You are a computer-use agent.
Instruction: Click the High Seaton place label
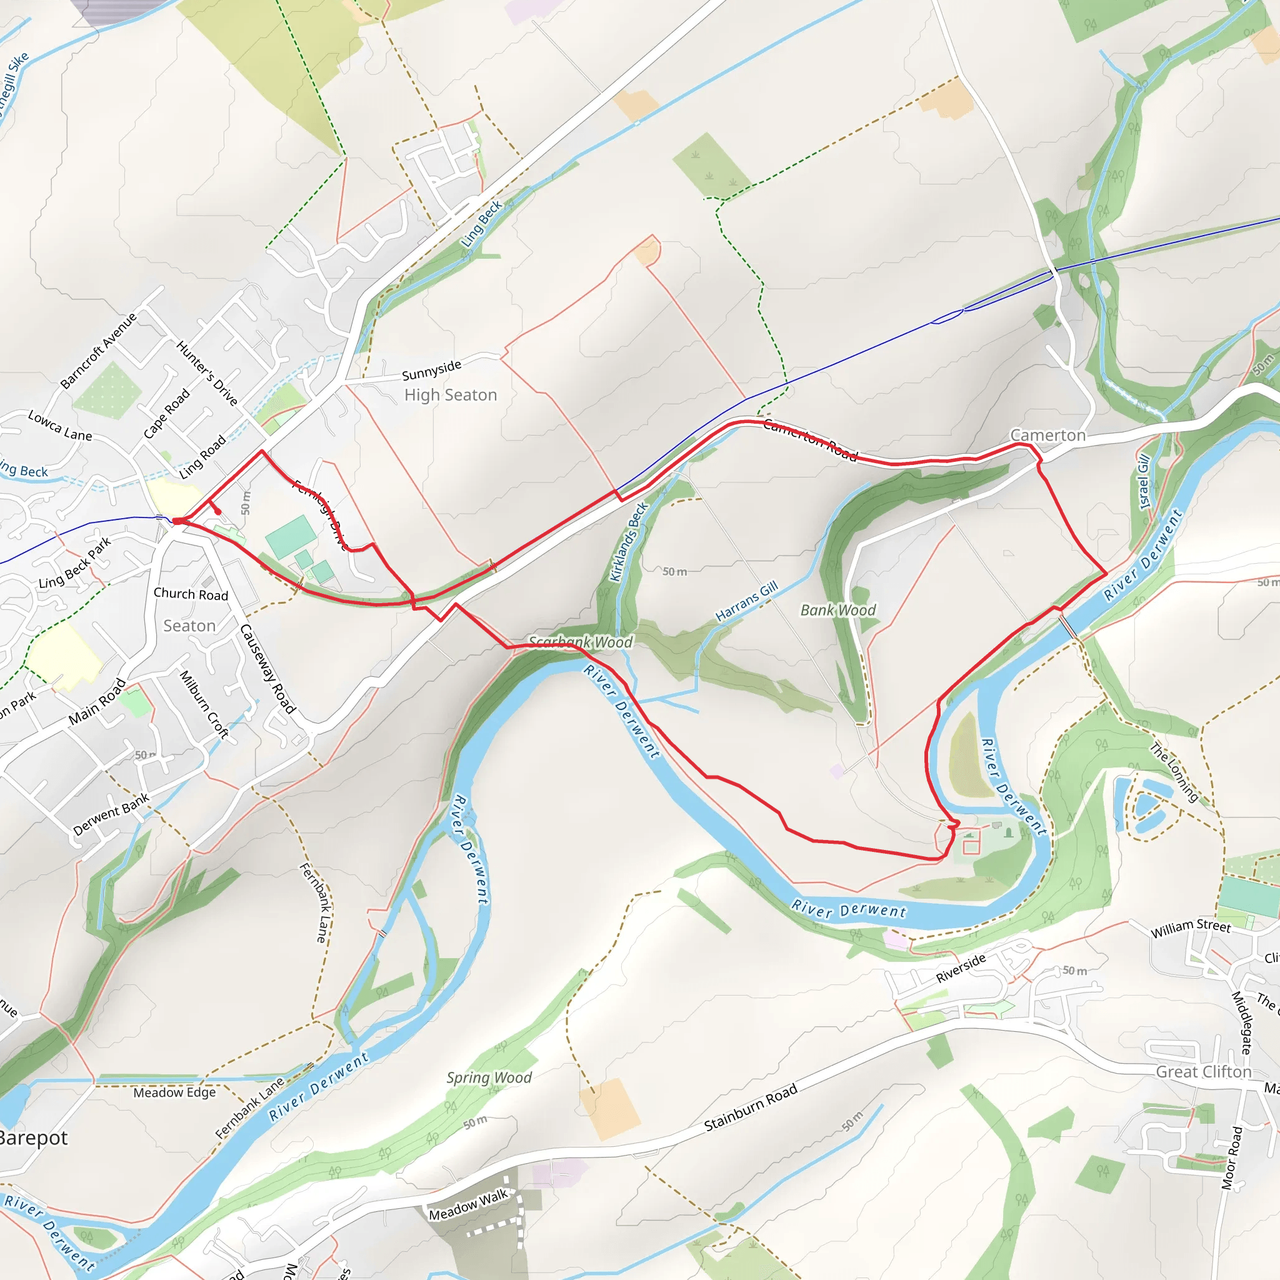coord(451,395)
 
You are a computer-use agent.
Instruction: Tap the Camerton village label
coord(1047,435)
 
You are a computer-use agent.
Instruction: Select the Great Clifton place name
coord(1203,1072)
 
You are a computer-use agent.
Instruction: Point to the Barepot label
coord(33,1138)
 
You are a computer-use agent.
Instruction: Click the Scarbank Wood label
coord(581,642)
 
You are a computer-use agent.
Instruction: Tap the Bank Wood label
coord(838,610)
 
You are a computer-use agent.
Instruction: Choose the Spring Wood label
coord(489,1077)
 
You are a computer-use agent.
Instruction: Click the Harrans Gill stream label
coord(747,602)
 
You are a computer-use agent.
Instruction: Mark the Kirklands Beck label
coord(627,542)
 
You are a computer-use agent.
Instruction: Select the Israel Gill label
coord(1144,482)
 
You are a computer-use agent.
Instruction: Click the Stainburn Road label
coord(750,1107)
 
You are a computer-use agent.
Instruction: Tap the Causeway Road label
coord(267,669)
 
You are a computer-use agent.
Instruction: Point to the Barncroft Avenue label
coord(98,351)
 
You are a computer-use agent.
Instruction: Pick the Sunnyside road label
coord(431,371)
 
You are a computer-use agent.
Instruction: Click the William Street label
coord(1191,928)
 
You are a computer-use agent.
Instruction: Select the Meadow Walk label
coord(467,1204)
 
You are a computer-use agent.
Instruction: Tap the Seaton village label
coord(189,626)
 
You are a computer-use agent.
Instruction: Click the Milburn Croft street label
coord(204,704)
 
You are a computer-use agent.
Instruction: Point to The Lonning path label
coord(1174,772)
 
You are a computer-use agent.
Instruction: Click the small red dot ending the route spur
coord(217,511)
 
